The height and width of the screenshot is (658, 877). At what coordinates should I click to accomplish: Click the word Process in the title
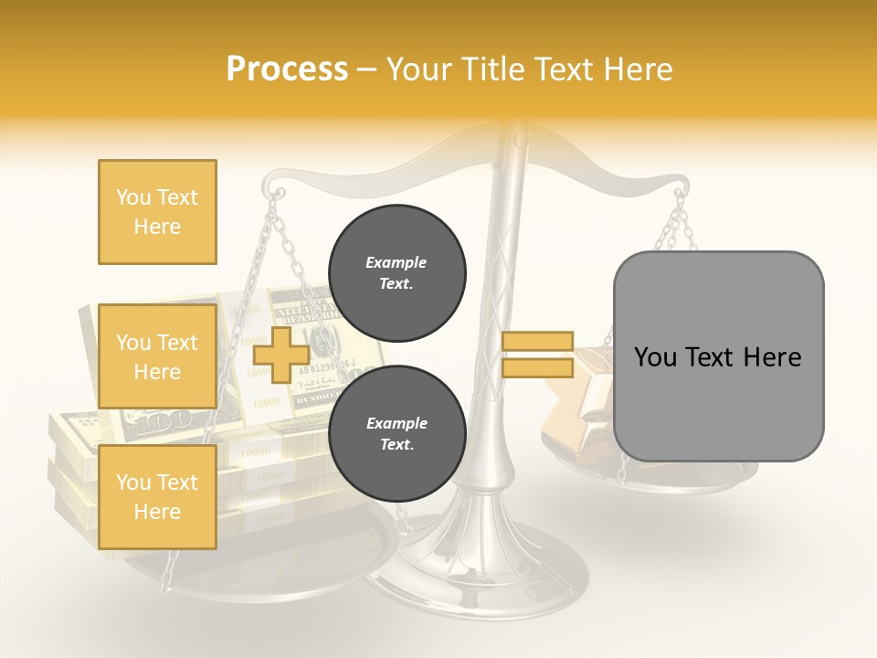pos(287,69)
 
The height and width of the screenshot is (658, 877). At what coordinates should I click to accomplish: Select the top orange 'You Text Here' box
pos(157,212)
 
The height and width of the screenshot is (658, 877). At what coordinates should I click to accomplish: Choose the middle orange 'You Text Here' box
pos(157,356)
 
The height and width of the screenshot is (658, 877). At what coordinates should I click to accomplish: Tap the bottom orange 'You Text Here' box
pos(157,497)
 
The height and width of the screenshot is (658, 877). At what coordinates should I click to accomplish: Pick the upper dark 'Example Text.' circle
pos(396,273)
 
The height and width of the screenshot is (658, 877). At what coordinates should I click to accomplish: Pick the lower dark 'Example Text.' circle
pos(396,434)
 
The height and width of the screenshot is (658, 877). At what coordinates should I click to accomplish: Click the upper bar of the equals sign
pos(537,342)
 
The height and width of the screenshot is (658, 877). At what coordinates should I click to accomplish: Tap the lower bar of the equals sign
pos(537,368)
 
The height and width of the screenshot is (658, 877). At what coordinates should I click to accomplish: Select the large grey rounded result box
pos(718,356)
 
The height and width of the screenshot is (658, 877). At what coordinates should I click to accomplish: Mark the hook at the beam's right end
pos(681,194)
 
